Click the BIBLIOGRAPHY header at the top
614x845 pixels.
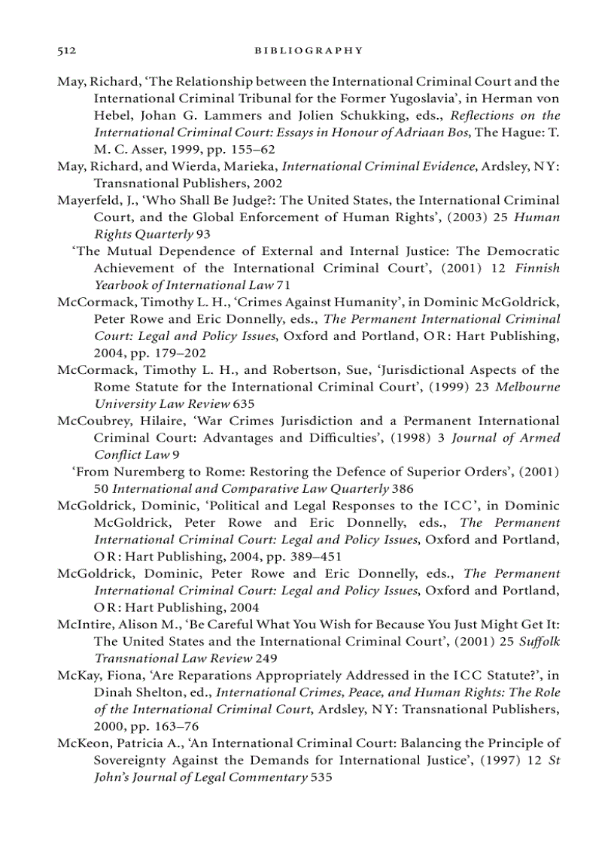309,50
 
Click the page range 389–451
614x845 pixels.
310,556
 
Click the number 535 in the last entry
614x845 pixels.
321,778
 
